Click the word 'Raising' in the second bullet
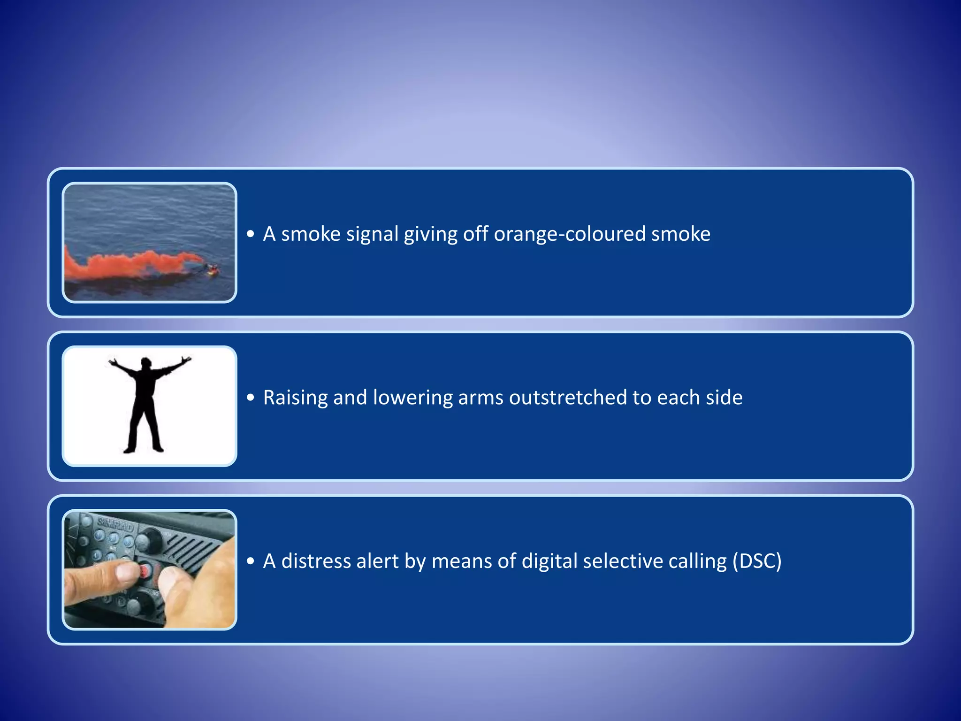pos(295,397)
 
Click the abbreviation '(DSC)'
pos(757,561)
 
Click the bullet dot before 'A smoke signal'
pos(251,234)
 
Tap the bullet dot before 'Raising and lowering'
pos(251,398)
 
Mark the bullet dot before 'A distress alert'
pos(251,561)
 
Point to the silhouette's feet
pos(143,449)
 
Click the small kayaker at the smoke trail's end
pos(213,269)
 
